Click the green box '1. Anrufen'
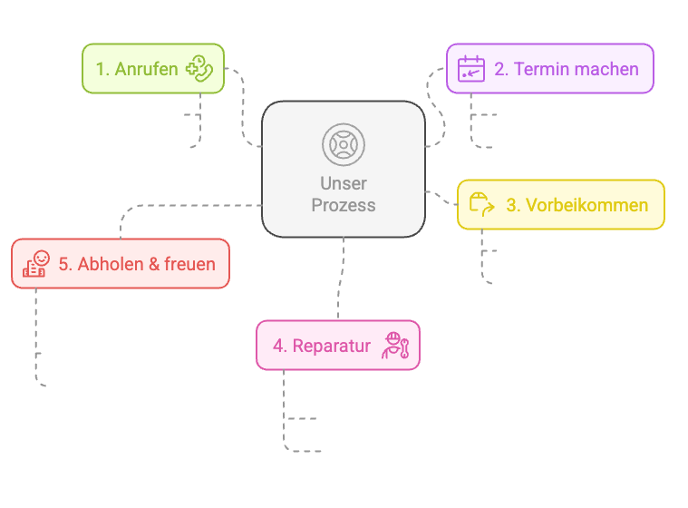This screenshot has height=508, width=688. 152,69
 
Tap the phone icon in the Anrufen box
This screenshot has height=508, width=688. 198,69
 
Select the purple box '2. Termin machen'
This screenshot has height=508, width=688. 549,69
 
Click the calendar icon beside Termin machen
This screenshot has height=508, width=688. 470,69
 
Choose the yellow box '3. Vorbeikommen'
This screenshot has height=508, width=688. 560,205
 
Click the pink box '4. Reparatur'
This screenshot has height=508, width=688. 337,346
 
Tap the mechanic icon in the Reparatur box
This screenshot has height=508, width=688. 396,346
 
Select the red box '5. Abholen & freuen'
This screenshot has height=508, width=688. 120,264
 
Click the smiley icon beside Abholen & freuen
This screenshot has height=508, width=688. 35,264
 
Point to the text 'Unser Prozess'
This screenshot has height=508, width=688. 343,194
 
